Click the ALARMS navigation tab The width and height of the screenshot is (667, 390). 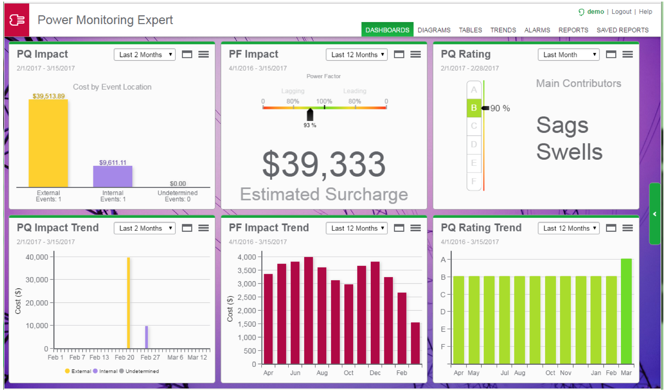pyautogui.click(x=537, y=30)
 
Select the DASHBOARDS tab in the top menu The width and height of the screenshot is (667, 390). pyautogui.click(x=387, y=30)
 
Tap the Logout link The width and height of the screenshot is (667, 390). pyautogui.click(x=621, y=12)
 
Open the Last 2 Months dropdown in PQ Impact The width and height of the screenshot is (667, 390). pyautogui.click(x=145, y=55)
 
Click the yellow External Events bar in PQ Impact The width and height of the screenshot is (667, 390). pyautogui.click(x=48, y=143)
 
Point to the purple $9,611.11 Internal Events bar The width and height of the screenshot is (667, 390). pyautogui.click(x=113, y=177)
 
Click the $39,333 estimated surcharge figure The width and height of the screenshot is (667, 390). pyautogui.click(x=323, y=164)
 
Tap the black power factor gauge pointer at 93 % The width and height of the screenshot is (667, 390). pyautogui.click(x=310, y=115)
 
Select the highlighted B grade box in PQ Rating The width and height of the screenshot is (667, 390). pyautogui.click(x=474, y=108)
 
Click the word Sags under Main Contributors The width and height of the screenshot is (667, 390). pyautogui.click(x=562, y=125)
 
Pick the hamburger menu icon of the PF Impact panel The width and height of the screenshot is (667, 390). pyautogui.click(x=416, y=54)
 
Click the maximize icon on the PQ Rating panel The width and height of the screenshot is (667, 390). pyautogui.click(x=611, y=54)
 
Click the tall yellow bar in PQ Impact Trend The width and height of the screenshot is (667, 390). pyautogui.click(x=129, y=303)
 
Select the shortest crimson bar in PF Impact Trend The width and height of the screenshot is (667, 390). pyautogui.click(x=415, y=343)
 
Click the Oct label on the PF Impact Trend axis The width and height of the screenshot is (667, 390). pyautogui.click(x=348, y=373)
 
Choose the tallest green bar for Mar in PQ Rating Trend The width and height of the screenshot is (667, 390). pyautogui.click(x=626, y=311)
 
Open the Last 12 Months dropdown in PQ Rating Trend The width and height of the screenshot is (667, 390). pyautogui.click(x=568, y=228)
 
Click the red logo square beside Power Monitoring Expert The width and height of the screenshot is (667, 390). pyautogui.click(x=17, y=20)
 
